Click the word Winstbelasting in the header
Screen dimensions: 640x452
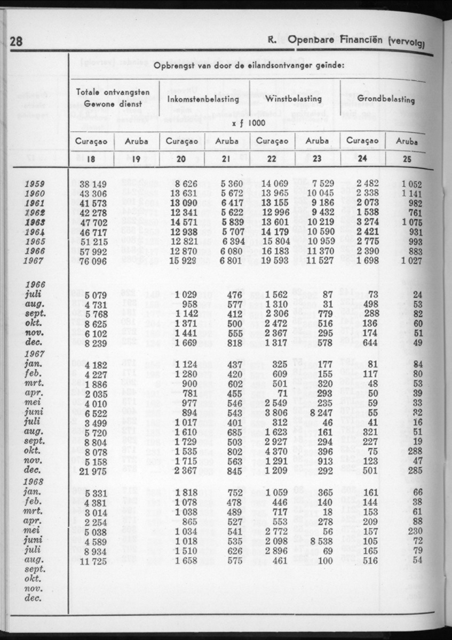click(295, 99)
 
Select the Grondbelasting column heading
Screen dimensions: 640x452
click(386, 99)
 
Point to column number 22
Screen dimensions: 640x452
click(271, 158)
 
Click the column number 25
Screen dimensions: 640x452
click(407, 158)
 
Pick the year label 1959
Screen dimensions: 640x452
click(35, 185)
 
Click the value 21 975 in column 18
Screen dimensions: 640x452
click(93, 471)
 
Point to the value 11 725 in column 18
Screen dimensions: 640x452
click(93, 561)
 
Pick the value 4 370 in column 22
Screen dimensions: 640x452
click(275, 452)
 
